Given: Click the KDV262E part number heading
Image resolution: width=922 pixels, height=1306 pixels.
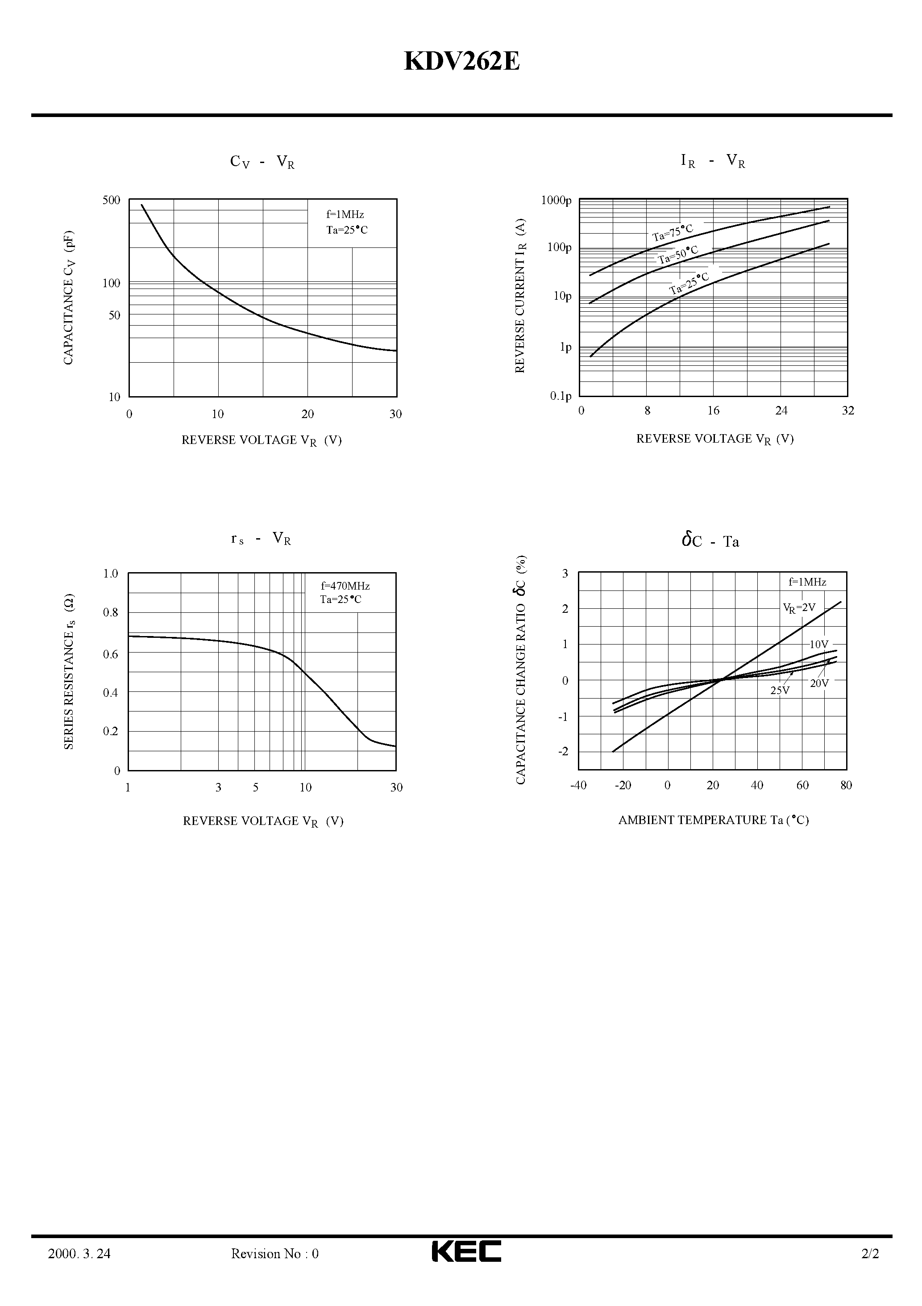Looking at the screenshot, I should [461, 62].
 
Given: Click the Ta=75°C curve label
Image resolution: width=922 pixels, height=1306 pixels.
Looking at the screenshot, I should [673, 233].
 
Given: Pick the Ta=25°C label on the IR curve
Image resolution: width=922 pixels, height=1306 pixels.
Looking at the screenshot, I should [689, 283].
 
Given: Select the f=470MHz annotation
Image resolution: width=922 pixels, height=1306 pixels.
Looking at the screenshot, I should [345, 586].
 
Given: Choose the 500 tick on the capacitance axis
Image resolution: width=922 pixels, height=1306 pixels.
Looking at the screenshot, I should [112, 200].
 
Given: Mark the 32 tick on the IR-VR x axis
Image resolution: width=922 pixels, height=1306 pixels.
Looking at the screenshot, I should [847, 410].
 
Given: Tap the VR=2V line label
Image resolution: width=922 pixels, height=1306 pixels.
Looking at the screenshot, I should [799, 608].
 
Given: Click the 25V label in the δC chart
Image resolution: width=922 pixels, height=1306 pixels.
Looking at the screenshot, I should [780, 691].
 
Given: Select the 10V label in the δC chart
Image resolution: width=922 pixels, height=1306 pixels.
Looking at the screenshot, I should [818, 645].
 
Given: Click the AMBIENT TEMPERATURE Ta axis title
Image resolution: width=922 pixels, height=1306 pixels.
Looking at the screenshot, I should [714, 820].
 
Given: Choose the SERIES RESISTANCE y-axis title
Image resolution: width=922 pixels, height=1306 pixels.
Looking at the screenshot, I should [69, 672].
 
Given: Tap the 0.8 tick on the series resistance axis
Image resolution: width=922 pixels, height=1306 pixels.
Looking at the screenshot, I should [110, 613].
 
